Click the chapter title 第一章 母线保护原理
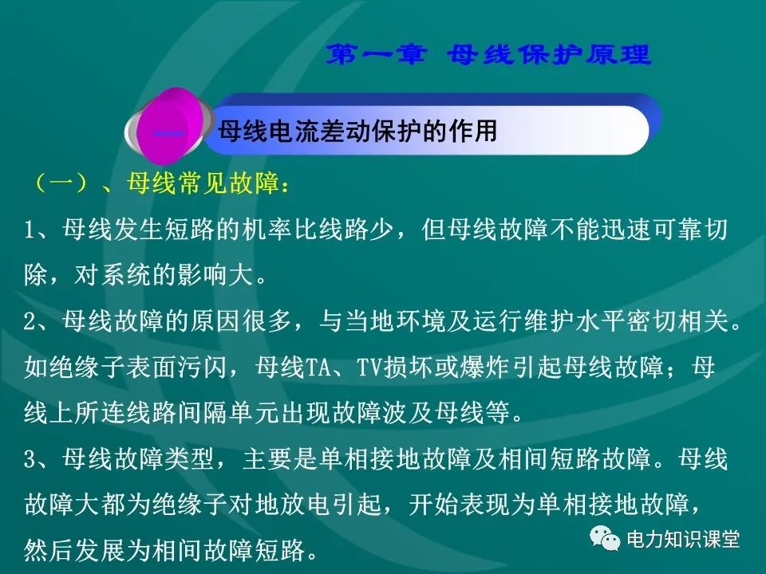490,55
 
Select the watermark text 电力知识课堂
683,539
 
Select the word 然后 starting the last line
49,551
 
